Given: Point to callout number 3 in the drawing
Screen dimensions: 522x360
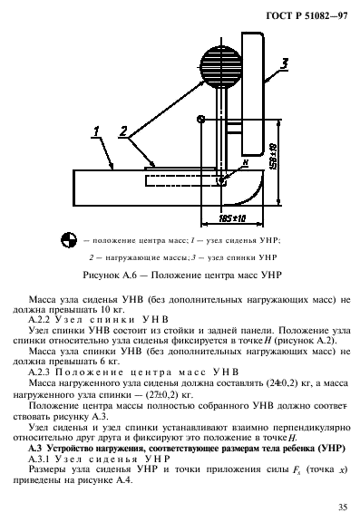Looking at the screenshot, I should tap(284, 63).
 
